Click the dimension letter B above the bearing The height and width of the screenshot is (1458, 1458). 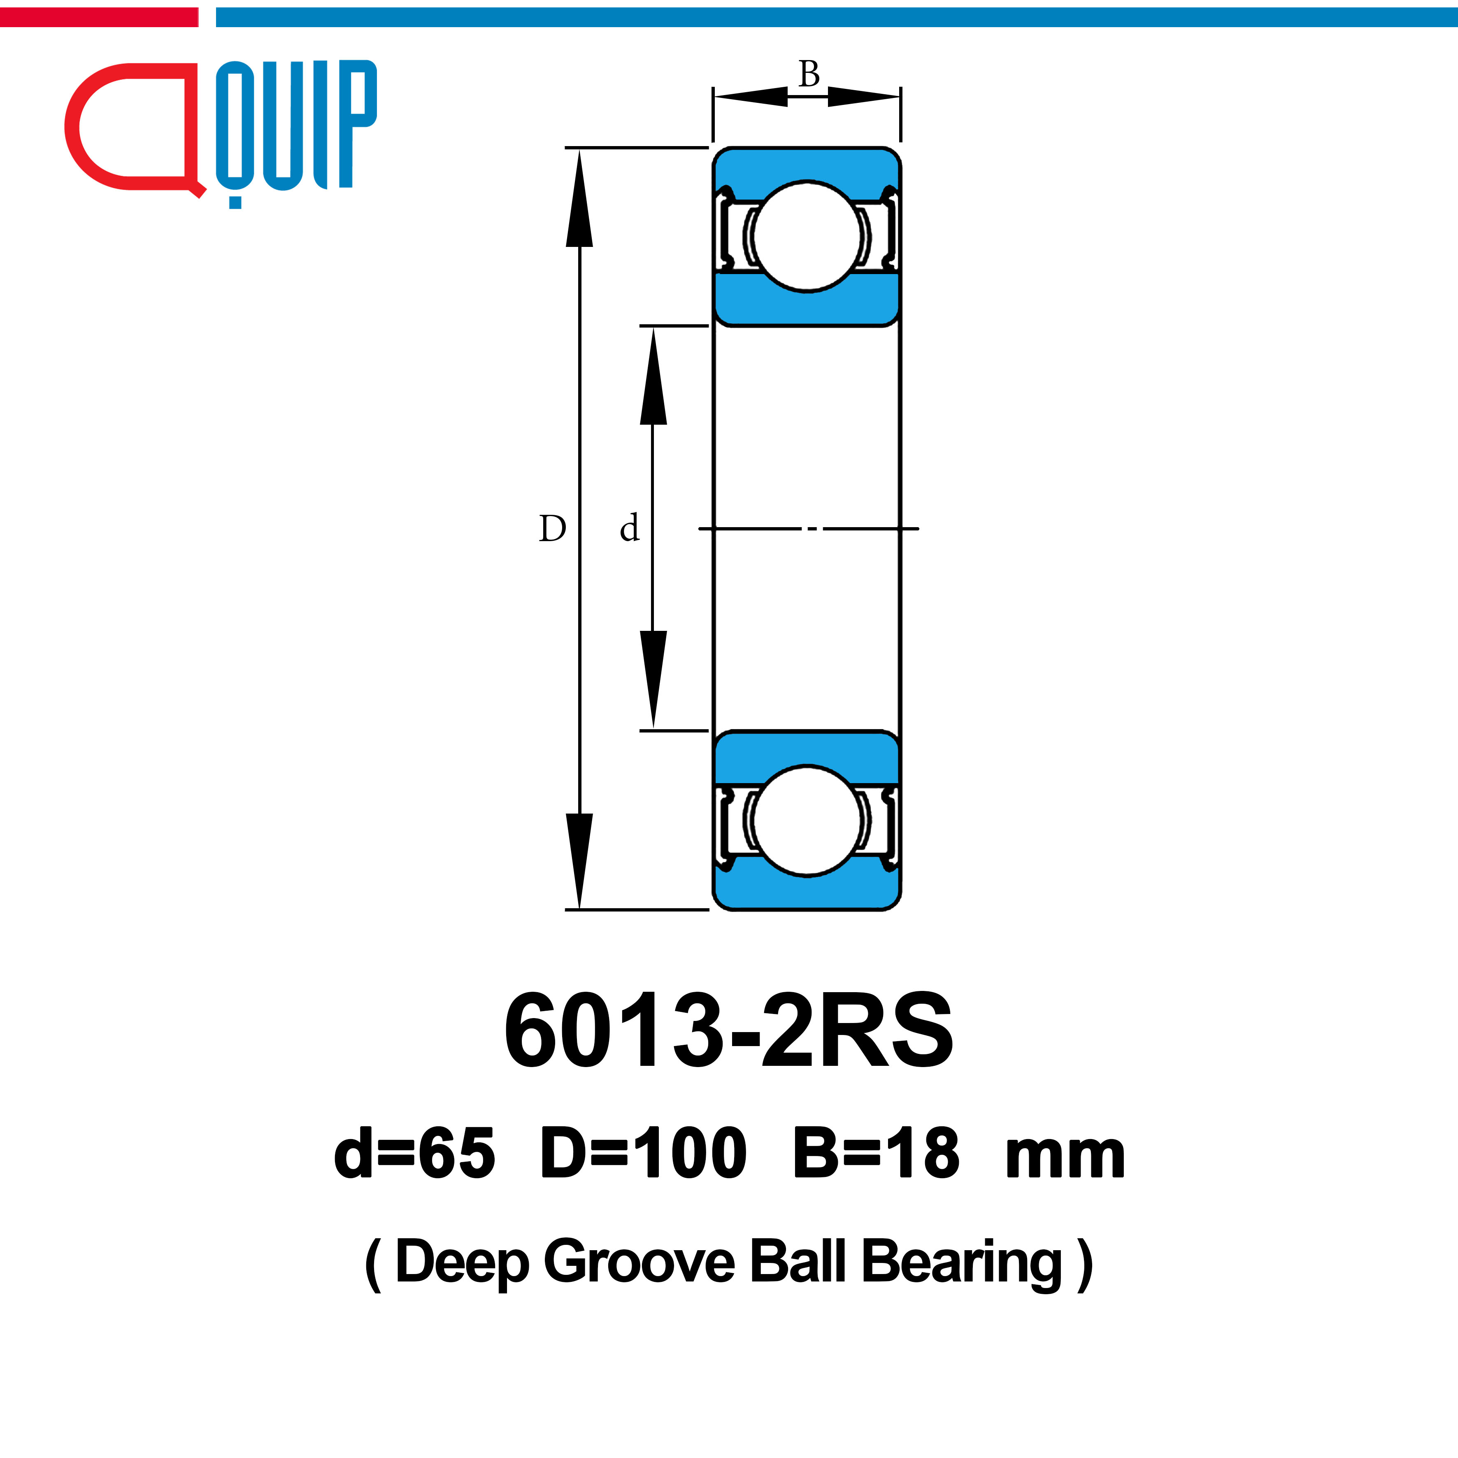(809, 74)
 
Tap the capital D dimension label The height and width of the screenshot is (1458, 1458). (552, 528)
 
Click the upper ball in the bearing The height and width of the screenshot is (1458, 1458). (807, 235)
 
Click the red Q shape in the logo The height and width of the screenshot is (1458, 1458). (132, 128)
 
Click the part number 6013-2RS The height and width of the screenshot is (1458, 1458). (729, 1030)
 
